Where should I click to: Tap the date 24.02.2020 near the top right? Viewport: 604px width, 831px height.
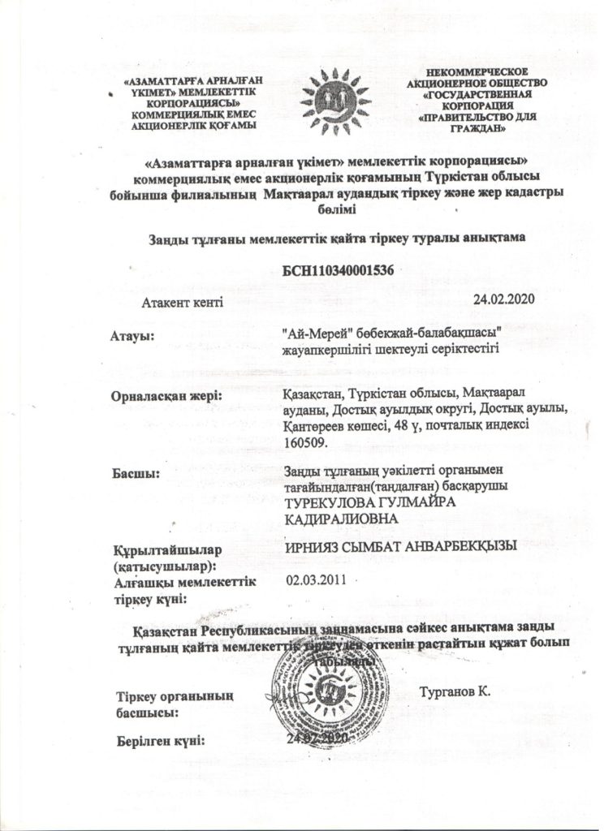point(501,299)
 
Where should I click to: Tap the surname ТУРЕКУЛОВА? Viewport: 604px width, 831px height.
point(333,502)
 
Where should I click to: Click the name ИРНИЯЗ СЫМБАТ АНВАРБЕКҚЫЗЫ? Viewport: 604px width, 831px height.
point(402,548)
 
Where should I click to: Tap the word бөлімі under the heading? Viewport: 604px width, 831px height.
point(333,210)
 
